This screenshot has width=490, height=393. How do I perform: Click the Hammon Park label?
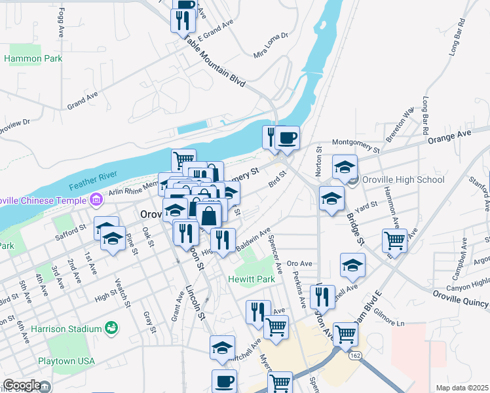33,58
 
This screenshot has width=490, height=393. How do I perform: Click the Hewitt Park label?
251,279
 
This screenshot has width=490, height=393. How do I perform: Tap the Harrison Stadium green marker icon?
111,326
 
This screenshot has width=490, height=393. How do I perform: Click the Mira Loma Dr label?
271,44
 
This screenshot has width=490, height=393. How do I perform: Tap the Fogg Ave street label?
62,22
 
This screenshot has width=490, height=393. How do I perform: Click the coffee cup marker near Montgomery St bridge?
287,138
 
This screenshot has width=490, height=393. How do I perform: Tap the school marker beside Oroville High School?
345,167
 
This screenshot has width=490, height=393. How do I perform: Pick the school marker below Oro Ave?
352,265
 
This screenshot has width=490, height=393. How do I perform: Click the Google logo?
22,386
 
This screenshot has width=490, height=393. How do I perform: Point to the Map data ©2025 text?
462,388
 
